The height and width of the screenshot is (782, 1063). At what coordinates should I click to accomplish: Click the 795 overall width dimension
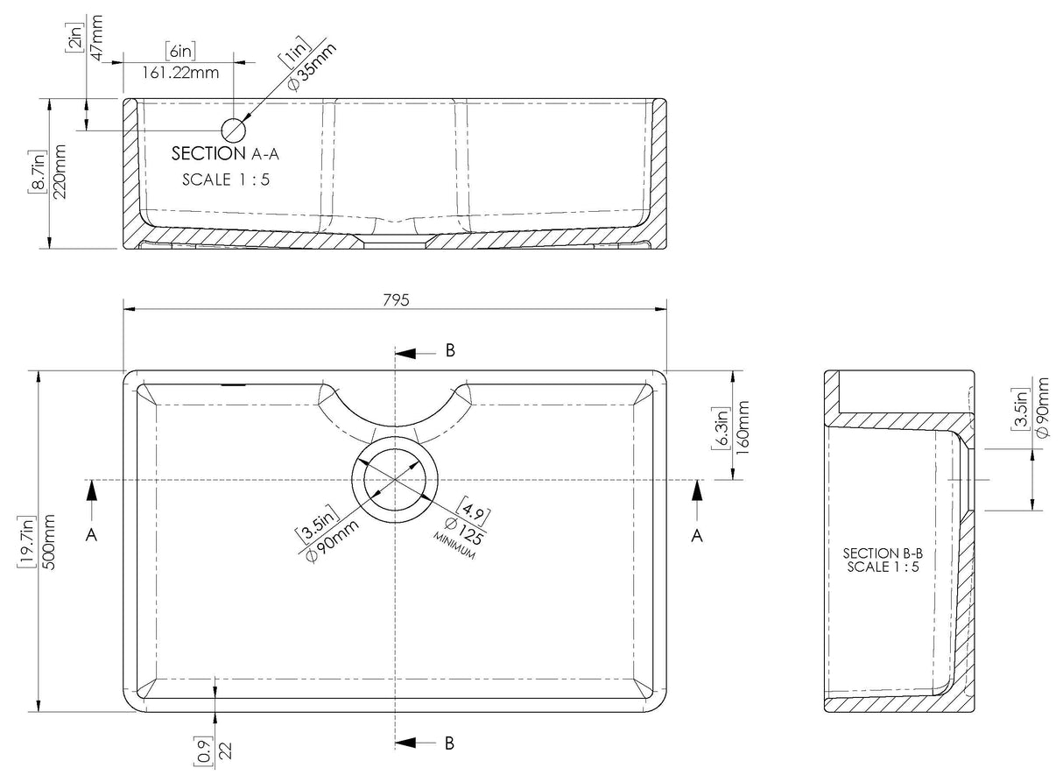coord(396,299)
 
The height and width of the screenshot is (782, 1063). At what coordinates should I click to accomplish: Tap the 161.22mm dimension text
coord(180,73)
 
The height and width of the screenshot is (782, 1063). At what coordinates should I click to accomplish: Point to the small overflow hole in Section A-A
coord(234,130)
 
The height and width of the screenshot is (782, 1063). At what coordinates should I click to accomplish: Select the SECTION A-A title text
coord(227,154)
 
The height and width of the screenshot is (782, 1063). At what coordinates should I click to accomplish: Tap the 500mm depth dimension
coord(49,543)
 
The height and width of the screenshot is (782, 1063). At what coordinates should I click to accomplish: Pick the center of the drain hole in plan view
coord(396,480)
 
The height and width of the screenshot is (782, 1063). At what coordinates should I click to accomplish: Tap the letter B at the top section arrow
coord(449,350)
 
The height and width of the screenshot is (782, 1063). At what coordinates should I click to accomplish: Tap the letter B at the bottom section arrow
coord(449,743)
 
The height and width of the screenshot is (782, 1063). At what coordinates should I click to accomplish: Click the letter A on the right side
coord(696,536)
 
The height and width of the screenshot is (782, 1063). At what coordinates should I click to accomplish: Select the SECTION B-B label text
coord(884,553)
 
